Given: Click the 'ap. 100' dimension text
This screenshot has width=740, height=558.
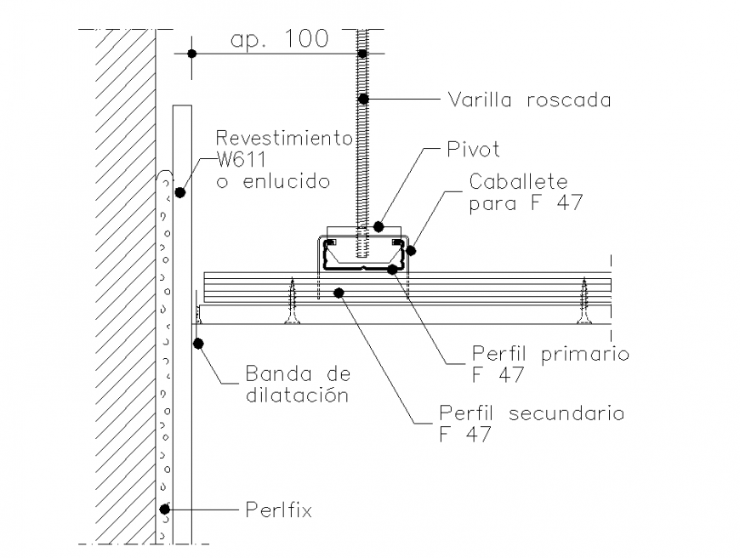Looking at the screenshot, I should pos(279,40).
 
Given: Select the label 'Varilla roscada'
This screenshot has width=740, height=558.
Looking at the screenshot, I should pos(529,100).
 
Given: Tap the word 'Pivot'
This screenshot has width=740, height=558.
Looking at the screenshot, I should pos(473,150).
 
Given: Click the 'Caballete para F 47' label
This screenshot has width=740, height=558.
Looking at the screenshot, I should pos(518,194).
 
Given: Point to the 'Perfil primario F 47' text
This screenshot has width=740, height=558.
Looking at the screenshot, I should pos(550,363).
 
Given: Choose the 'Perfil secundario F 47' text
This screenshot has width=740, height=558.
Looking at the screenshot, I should pos(532,423).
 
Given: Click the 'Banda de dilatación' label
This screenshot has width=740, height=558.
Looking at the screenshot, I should pos(298,384).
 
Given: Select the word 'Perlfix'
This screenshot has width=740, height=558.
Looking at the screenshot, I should pos(278,510).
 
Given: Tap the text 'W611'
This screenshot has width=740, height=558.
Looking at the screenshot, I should pos(242,159).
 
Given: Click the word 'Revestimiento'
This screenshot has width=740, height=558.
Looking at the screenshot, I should pos(283,138).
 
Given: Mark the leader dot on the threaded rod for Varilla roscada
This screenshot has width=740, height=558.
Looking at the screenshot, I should pos(363,99).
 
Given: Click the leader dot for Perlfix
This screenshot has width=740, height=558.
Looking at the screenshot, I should pos(167,510).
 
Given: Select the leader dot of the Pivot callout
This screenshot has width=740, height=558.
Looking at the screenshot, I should pos(379,227).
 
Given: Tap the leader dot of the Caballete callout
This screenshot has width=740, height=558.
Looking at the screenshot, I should pos(411,250).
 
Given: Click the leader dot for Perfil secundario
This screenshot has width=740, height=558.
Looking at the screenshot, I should pos(339,293).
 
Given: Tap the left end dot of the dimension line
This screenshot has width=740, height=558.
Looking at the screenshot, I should pos(192,54).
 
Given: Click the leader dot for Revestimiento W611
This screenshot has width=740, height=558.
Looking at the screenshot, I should pos(180,193).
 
